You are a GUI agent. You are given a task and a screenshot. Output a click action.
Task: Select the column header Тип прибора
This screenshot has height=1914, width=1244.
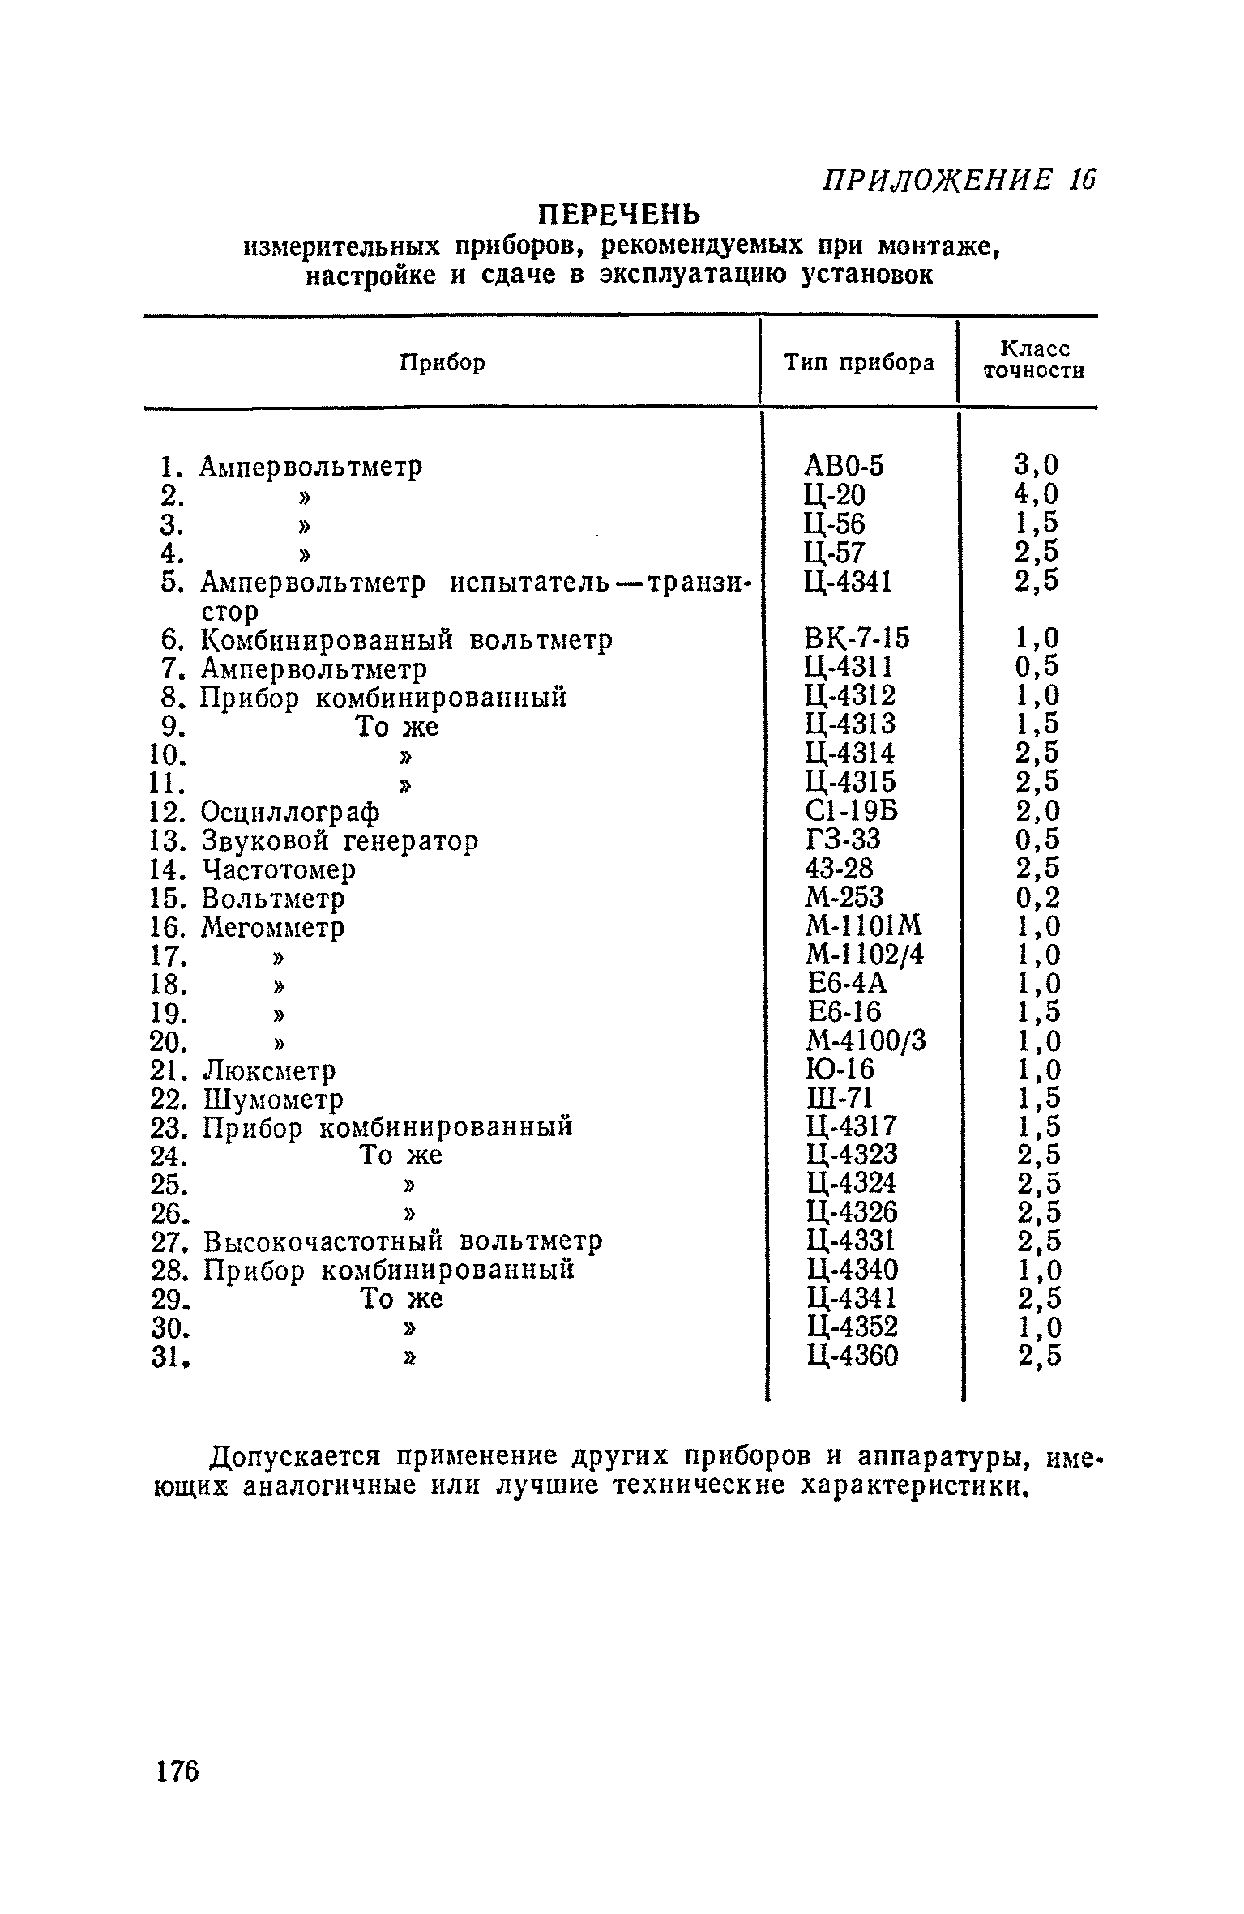pyautogui.click(x=858, y=363)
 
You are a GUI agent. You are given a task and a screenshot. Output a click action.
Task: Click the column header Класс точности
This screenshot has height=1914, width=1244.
pyautogui.click(x=1033, y=360)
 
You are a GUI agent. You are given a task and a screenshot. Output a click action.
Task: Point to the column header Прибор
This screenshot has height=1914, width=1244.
pyautogui.click(x=443, y=363)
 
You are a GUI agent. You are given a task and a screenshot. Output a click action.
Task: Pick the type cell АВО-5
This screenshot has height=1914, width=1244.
pyautogui.click(x=845, y=466)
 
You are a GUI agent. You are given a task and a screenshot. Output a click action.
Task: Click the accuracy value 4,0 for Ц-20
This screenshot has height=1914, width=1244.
pyautogui.click(x=1037, y=494)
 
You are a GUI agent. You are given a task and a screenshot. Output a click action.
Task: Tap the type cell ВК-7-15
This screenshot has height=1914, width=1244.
pyautogui.click(x=857, y=639)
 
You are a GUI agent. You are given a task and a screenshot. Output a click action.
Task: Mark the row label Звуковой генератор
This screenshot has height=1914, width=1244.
pyautogui.click(x=340, y=841)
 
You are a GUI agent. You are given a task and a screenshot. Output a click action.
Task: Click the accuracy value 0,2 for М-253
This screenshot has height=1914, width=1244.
pyautogui.click(x=1037, y=898)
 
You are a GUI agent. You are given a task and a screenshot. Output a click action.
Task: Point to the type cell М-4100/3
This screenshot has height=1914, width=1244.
pyautogui.click(x=866, y=1041)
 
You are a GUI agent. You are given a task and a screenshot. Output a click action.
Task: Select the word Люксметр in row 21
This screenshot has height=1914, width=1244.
pyautogui.click(x=268, y=1071)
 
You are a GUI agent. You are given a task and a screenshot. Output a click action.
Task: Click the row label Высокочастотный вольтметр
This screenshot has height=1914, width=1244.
pyautogui.click(x=403, y=1241)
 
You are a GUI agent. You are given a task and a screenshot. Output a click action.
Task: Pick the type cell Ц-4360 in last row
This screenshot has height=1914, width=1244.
pyautogui.click(x=853, y=1356)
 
